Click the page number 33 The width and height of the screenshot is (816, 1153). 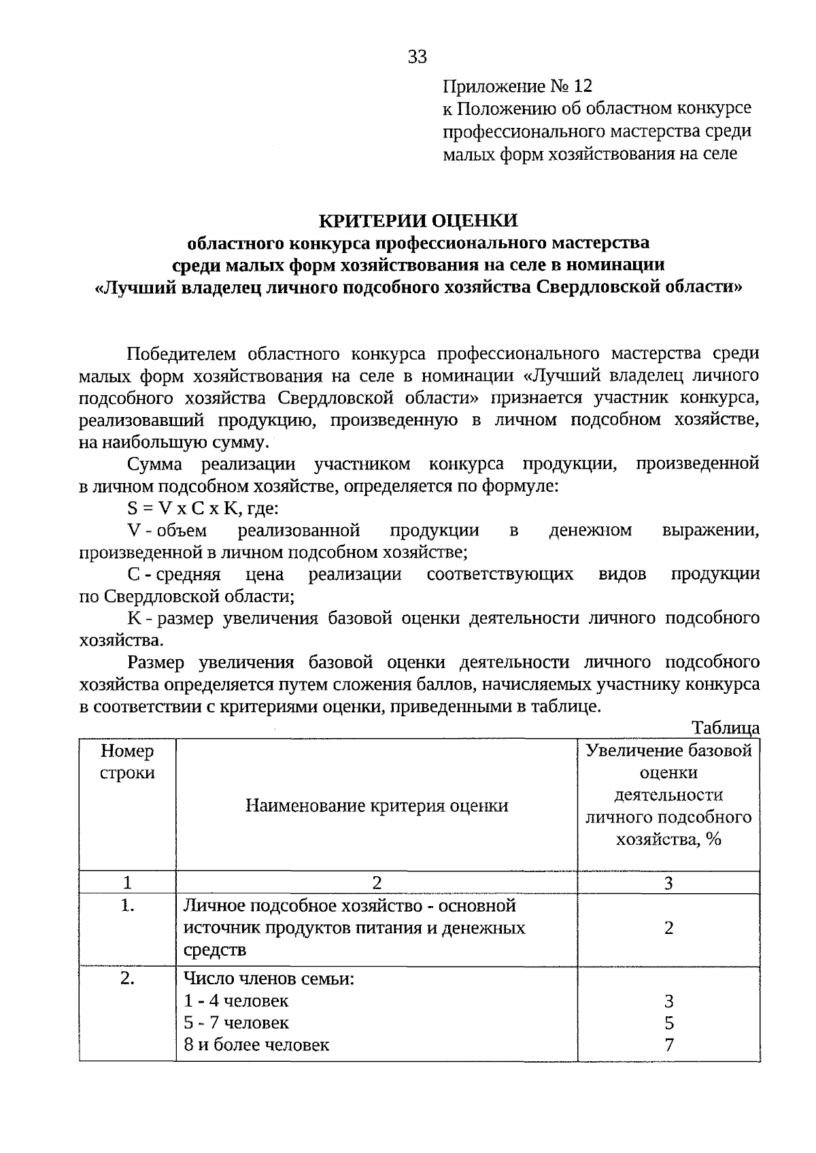[418, 56]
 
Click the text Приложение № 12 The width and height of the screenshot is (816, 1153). [517, 86]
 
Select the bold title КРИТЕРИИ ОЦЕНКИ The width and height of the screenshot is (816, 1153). [418, 220]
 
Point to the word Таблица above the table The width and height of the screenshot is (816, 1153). [725, 727]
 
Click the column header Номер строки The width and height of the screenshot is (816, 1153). [127, 762]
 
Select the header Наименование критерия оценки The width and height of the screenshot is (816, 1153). [376, 806]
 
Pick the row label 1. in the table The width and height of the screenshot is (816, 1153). [127, 905]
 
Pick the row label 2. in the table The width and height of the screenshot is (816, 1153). [127, 979]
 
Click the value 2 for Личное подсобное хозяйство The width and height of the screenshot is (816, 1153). [668, 928]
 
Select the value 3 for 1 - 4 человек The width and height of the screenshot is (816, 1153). [668, 1001]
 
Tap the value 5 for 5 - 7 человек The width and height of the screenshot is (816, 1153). [668, 1023]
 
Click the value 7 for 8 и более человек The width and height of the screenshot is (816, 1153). [668, 1045]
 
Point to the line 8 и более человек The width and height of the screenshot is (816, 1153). [256, 1045]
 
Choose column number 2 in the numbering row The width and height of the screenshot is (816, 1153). [376, 883]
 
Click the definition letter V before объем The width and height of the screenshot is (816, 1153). [133, 531]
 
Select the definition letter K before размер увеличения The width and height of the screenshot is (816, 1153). [133, 618]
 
